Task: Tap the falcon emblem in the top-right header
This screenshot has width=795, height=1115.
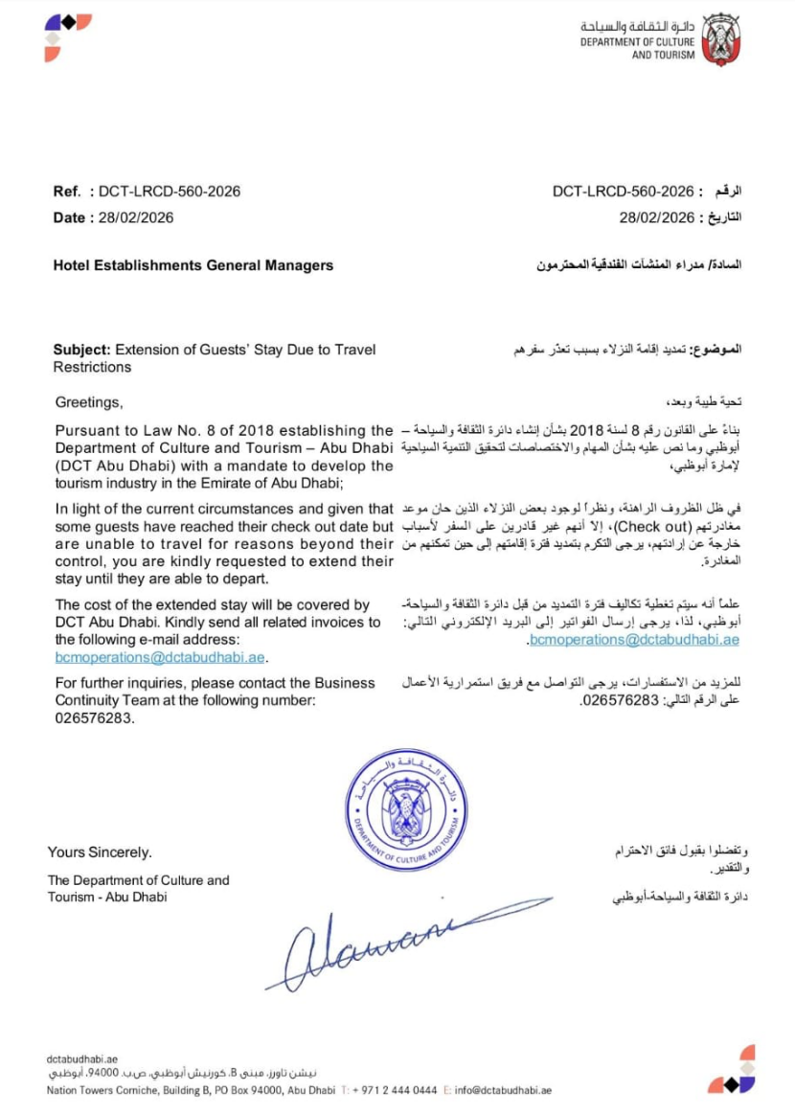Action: pyautogui.click(x=721, y=40)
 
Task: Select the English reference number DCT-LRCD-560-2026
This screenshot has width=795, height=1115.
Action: pyautogui.click(x=170, y=192)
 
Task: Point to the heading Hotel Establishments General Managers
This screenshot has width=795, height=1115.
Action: pyautogui.click(x=193, y=265)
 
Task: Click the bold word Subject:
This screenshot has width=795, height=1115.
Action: pyautogui.click(x=83, y=350)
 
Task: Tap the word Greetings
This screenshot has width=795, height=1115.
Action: pyautogui.click(x=88, y=400)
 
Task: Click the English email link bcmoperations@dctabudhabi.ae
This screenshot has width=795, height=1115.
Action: pyautogui.click(x=160, y=657)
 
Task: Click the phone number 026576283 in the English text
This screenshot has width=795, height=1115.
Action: pyautogui.click(x=94, y=717)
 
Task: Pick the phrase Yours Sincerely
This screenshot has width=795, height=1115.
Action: pyautogui.click(x=100, y=853)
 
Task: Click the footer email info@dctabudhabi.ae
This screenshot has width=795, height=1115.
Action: pyautogui.click(x=503, y=1090)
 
